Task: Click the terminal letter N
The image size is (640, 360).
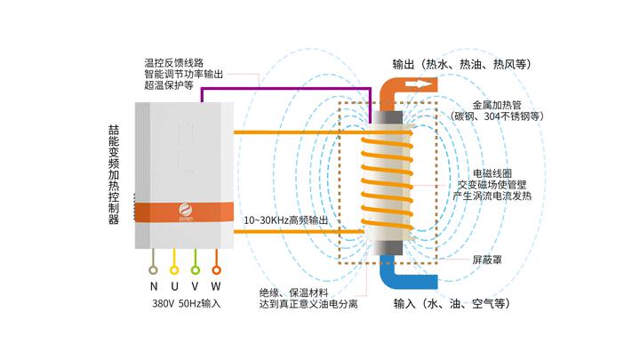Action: pyautogui.click(x=153, y=286)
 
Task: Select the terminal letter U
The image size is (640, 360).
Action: pyautogui.click(x=175, y=286)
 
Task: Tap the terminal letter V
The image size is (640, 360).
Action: pyautogui.click(x=196, y=286)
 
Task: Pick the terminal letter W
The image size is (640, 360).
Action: pyautogui.click(x=217, y=286)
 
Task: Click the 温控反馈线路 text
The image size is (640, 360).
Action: pyautogui.click(x=174, y=63)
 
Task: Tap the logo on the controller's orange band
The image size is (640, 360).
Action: pyautogui.click(x=186, y=212)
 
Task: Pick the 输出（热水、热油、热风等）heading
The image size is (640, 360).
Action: pyautogui.click(x=461, y=64)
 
